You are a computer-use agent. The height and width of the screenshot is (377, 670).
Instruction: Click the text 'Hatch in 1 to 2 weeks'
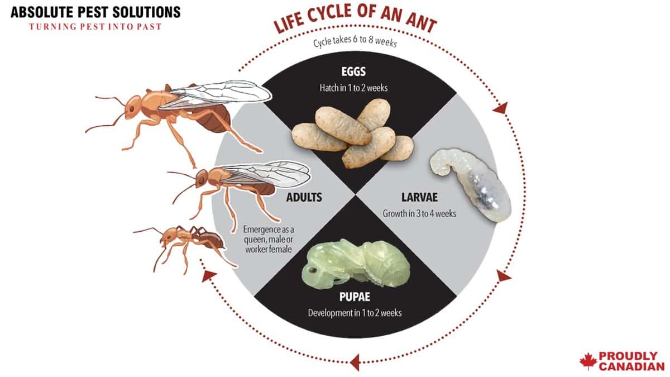(x=355, y=88)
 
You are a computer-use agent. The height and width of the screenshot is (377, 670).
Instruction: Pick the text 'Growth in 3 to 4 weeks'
(x=419, y=213)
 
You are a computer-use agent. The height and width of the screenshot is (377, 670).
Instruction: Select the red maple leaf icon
(x=588, y=361)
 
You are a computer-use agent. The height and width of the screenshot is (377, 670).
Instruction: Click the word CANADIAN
(x=631, y=366)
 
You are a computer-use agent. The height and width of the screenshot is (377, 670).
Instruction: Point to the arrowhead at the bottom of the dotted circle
(x=353, y=363)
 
